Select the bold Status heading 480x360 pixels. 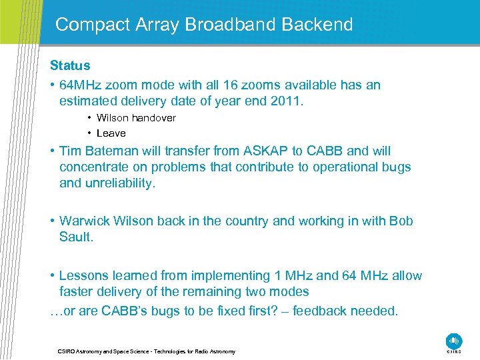coord(70,66)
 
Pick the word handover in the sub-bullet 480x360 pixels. coord(154,118)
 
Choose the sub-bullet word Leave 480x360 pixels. coord(111,133)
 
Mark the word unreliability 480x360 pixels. coord(120,183)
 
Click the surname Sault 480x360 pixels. coord(76,237)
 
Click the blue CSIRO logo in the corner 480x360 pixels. coord(454,341)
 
